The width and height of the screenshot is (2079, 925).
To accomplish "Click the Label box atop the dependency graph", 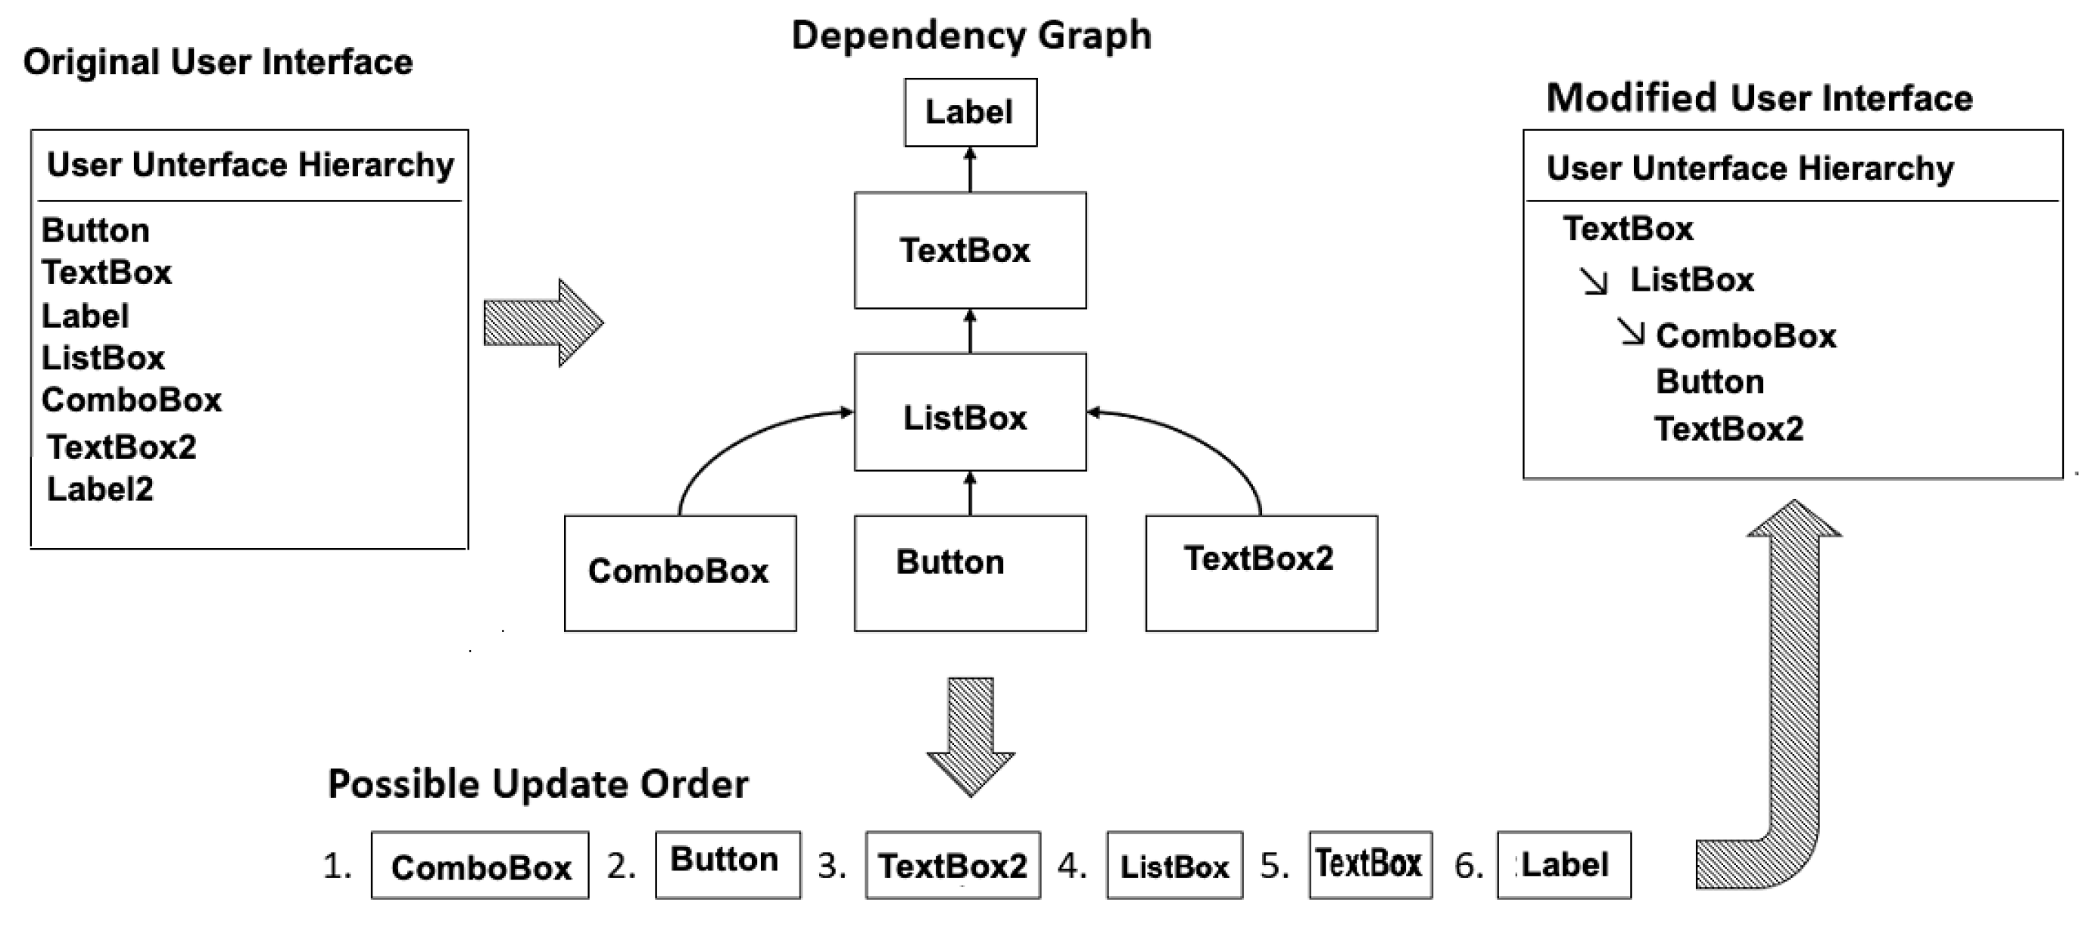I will (x=970, y=112).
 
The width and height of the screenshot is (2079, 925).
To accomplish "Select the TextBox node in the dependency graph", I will (x=970, y=251).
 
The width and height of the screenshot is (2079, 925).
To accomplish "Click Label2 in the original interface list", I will (x=100, y=489).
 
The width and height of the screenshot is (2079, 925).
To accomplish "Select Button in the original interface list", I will (x=95, y=231).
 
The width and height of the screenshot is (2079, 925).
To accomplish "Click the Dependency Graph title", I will (x=971, y=36).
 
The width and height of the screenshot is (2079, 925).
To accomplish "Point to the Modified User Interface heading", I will (x=1760, y=98).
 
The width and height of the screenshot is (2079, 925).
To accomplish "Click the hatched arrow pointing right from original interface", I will (x=542, y=323).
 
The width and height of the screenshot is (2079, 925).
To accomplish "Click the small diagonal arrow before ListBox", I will (x=1593, y=281).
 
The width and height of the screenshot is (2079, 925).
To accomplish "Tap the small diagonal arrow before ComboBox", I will (x=1630, y=332).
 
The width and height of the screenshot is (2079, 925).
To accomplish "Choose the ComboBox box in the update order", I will (x=480, y=865).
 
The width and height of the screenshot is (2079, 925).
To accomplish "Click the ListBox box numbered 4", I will (x=1174, y=865).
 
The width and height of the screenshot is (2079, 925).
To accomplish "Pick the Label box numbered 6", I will (x=1563, y=865).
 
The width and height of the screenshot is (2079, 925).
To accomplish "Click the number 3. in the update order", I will (x=831, y=866).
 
